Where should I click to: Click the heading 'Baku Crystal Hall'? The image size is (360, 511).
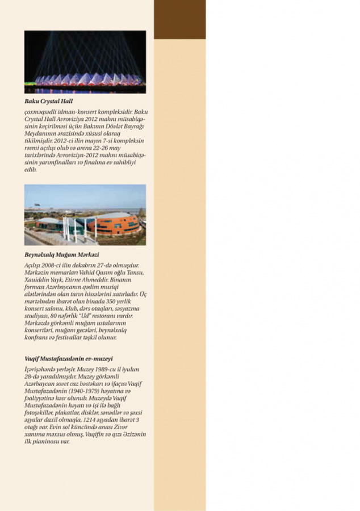49,102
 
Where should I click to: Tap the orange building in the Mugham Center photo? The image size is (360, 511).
114,223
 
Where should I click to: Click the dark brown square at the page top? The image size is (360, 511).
179,19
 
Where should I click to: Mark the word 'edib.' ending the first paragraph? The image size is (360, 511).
31,170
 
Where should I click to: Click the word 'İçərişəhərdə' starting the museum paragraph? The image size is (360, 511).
41,369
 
